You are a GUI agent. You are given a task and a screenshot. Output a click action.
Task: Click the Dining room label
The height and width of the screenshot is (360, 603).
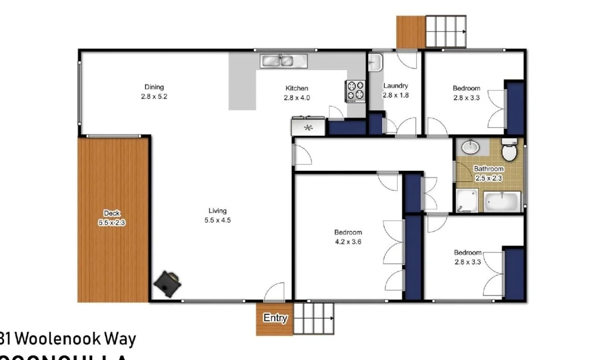tap(154, 87)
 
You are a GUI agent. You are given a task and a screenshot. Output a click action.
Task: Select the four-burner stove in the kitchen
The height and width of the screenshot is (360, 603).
tap(355, 91)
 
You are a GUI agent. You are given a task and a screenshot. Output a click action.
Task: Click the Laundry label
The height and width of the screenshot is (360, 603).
tap(396, 86)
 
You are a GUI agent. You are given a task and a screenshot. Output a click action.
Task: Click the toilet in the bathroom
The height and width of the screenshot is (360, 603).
tap(510, 151)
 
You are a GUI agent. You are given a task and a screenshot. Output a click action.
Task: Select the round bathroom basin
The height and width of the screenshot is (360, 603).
tap(470, 148)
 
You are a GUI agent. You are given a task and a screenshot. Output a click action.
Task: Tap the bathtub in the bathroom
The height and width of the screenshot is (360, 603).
tap(501, 201)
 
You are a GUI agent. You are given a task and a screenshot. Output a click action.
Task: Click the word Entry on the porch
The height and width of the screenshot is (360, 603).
tap(275, 318)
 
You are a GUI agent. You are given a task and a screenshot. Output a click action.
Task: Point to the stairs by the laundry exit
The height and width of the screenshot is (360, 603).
tap(444, 31)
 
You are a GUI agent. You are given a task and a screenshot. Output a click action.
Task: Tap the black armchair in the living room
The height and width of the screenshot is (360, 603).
tap(168, 283)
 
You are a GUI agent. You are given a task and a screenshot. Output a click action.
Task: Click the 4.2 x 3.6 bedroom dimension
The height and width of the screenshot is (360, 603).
tap(348, 241)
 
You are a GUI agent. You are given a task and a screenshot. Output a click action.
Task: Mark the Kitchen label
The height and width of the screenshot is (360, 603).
tap(297, 88)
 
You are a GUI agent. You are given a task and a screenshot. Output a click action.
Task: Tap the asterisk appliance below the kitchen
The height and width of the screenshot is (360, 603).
tap(308, 127)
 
